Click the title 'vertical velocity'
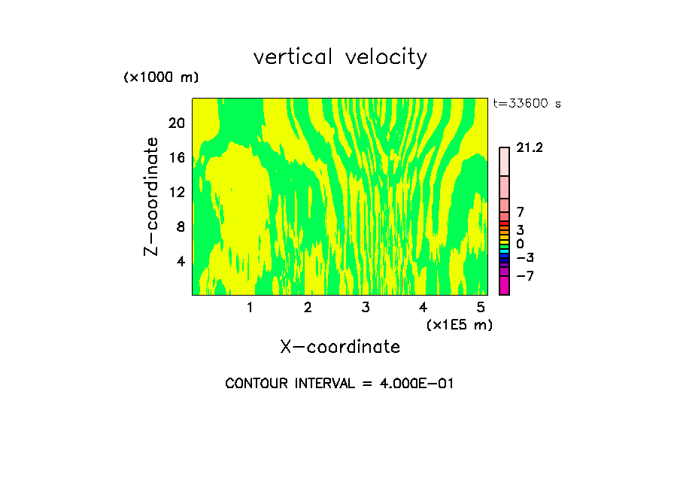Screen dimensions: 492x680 point(340,57)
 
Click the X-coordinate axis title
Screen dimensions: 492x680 point(340,346)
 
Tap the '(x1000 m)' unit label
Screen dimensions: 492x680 point(161,77)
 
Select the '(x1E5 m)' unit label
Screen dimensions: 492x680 point(459,324)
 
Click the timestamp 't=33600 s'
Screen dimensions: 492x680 point(527,104)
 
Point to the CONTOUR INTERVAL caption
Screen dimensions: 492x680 point(339,383)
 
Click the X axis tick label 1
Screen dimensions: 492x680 point(250,307)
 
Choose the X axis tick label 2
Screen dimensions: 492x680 point(308,307)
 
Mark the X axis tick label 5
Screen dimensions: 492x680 point(481,307)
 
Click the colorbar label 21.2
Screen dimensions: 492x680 point(529,148)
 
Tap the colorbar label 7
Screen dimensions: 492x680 point(520,213)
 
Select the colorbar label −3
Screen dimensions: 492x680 point(524,258)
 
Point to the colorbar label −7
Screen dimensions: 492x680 point(524,276)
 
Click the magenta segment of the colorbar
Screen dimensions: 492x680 point(504,286)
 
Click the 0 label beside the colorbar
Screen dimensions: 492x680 point(520,244)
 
